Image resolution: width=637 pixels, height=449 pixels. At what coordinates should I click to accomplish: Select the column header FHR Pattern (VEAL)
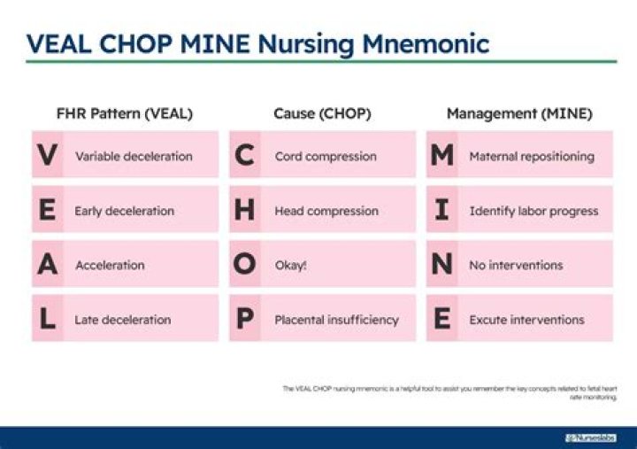(x=125, y=114)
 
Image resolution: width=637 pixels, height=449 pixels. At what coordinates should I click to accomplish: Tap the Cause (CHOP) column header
(x=322, y=114)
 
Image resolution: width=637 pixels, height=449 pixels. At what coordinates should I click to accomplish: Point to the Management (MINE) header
(x=519, y=114)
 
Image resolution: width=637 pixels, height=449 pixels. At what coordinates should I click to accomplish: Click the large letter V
(x=48, y=156)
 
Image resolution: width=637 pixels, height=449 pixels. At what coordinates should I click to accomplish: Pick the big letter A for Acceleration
(x=48, y=265)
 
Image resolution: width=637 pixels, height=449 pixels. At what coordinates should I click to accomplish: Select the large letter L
(x=48, y=319)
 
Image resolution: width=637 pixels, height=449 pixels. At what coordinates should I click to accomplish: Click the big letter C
(x=245, y=156)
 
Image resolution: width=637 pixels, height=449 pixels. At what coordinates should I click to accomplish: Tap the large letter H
(x=245, y=211)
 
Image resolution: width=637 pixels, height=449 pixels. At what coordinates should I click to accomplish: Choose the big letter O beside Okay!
(x=245, y=265)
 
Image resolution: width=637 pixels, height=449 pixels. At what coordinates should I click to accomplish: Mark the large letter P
(x=245, y=319)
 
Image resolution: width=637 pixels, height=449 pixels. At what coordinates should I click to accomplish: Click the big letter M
(x=442, y=156)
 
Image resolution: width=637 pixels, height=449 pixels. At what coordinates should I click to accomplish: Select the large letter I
(x=442, y=211)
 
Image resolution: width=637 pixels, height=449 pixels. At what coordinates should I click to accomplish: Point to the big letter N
(x=442, y=265)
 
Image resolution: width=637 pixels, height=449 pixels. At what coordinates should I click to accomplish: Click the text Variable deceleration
(x=134, y=157)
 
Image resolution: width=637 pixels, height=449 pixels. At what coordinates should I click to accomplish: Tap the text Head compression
(x=326, y=212)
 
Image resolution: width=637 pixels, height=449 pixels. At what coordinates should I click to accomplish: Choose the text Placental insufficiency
(x=336, y=320)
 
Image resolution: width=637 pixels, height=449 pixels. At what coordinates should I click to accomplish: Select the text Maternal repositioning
(x=532, y=157)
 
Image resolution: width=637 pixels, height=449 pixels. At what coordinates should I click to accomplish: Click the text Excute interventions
(x=526, y=320)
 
